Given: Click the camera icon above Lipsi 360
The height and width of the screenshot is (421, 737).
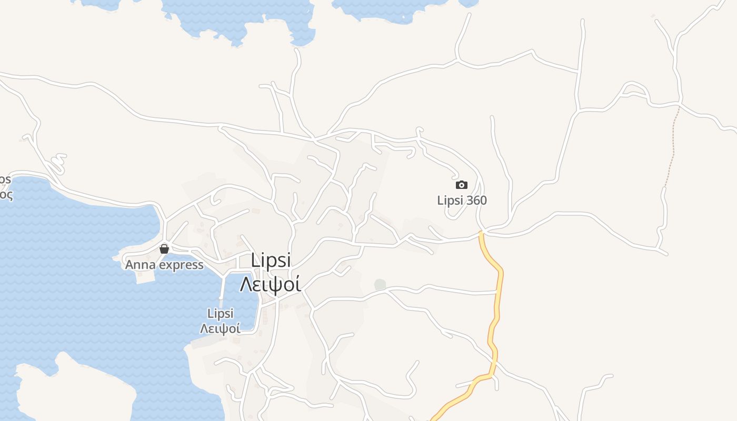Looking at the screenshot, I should click(x=461, y=185).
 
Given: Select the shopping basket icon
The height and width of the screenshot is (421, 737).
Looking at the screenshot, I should click(x=164, y=249).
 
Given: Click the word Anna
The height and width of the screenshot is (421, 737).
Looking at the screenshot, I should click(x=140, y=265).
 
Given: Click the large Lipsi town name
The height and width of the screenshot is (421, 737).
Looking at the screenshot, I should click(x=271, y=260).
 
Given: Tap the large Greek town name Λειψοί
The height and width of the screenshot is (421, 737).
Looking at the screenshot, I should click(x=271, y=284).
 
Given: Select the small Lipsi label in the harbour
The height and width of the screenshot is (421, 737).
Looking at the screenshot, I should click(x=221, y=314).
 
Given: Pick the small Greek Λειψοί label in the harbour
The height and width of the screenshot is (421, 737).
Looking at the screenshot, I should click(x=221, y=329).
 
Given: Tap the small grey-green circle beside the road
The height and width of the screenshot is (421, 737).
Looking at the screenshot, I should click(x=380, y=285).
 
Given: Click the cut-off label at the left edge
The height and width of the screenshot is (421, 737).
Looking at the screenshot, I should click(x=5, y=187).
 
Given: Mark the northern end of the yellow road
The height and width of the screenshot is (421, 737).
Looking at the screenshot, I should click(x=481, y=232).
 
